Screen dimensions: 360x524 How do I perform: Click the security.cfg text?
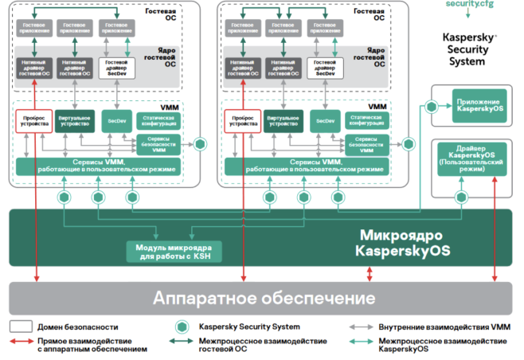coord(469,5)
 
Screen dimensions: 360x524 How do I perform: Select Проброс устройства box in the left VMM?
coord(32,121)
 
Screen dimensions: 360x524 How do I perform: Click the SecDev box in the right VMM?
coord(324,121)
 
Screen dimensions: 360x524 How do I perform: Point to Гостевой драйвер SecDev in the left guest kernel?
coord(117,66)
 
